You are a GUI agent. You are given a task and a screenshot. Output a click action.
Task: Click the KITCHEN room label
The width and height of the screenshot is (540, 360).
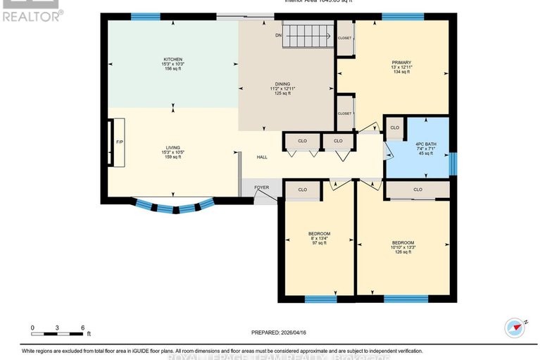tap(173, 63)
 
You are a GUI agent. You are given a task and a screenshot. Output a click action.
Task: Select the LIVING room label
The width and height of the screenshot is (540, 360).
tap(172, 152)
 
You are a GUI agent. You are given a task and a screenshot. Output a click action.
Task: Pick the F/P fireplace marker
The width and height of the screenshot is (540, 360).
tap(119, 142)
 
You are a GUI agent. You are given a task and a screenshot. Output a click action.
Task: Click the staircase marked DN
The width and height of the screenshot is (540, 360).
tap(307, 34)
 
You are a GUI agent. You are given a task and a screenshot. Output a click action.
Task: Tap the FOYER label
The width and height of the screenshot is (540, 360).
tap(261, 187)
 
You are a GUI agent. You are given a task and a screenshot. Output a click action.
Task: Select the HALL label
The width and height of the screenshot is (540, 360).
tap(261, 157)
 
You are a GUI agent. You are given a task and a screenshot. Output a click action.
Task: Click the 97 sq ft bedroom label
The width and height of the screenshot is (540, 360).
tap(319, 237)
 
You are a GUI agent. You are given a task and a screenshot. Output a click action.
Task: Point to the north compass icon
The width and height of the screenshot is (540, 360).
tap(516, 327)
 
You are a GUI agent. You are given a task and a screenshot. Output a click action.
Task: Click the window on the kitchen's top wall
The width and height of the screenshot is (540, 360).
tap(145, 17)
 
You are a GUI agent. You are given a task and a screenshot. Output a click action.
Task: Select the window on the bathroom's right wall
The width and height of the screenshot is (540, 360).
tap(453, 163)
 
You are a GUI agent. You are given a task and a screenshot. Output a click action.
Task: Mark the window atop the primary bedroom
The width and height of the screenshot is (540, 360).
tap(403, 17)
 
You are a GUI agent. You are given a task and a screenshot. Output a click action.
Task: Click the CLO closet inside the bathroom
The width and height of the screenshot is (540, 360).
tap(394, 128)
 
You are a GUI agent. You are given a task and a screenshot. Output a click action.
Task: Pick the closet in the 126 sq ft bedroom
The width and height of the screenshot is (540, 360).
tap(417, 190)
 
